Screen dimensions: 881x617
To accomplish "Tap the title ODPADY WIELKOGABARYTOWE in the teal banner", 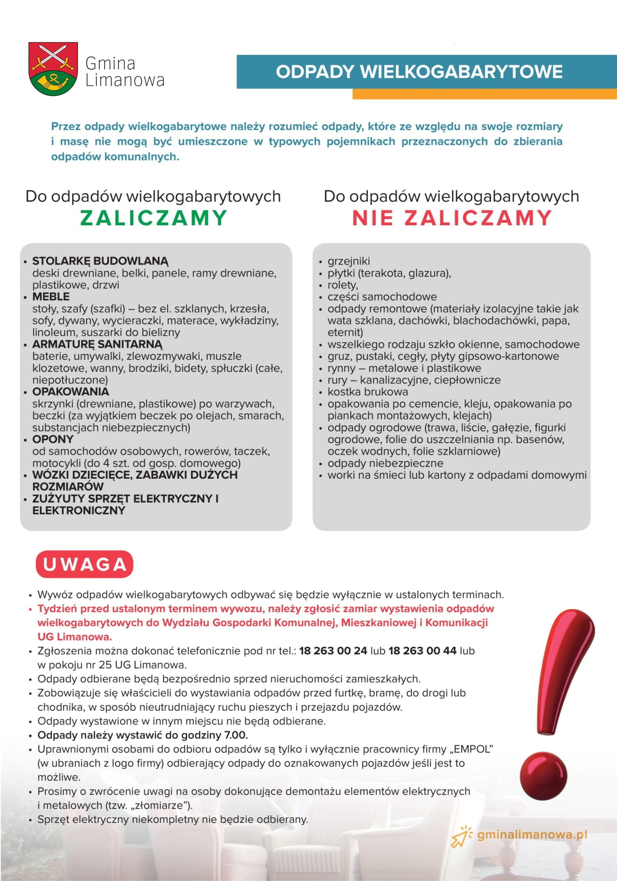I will tap(419, 72).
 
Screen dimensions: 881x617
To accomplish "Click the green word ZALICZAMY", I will tap(153, 218).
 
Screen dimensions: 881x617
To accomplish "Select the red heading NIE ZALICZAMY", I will tap(452, 218).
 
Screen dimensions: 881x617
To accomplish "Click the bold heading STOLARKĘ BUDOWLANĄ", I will tap(100, 261).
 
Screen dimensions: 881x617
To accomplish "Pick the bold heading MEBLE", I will tap(51, 297).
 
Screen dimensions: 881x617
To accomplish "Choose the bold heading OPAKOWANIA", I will tap(71, 392).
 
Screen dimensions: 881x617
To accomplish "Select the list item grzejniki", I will tap(348, 261).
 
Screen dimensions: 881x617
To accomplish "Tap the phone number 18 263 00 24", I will tap(333, 651).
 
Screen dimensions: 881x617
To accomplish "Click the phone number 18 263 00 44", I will tap(422, 651).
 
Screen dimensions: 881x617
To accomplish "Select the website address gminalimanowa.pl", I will tap(532, 835).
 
